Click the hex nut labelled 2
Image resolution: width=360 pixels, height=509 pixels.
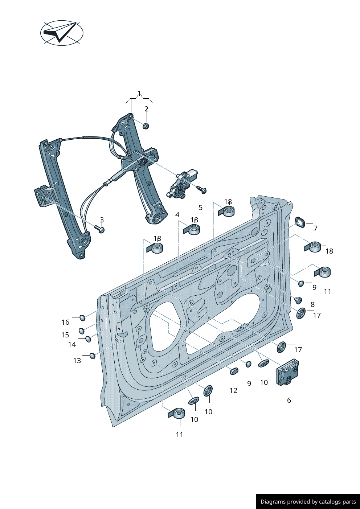pos(146,126)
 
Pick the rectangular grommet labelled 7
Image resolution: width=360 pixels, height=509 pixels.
pos(300,222)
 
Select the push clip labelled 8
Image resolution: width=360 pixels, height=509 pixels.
pos(298,300)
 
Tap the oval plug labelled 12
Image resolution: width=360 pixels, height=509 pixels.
pos(234,371)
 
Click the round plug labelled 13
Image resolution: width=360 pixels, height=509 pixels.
pos(93,356)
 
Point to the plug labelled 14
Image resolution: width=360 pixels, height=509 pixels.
pos(88,339)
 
